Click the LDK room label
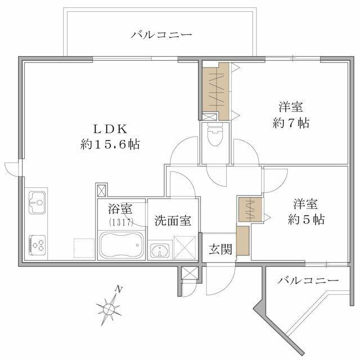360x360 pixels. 110,129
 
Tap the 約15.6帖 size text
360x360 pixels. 110,145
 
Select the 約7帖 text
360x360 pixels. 291,123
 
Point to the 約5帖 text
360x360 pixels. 306,219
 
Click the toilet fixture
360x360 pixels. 215,135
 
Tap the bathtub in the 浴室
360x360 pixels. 121,245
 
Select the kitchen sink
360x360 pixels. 37,202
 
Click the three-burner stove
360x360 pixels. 37,245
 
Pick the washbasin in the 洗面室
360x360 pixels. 160,250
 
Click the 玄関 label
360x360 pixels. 220,249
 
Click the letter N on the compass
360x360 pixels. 118,290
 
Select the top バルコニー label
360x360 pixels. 161,35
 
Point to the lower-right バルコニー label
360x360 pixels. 308,280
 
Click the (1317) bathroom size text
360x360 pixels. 121,222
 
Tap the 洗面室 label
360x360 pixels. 173,220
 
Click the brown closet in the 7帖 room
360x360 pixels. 216,91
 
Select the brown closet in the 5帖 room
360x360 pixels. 250,209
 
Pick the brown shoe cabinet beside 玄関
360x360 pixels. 243,241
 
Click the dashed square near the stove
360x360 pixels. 84,248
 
